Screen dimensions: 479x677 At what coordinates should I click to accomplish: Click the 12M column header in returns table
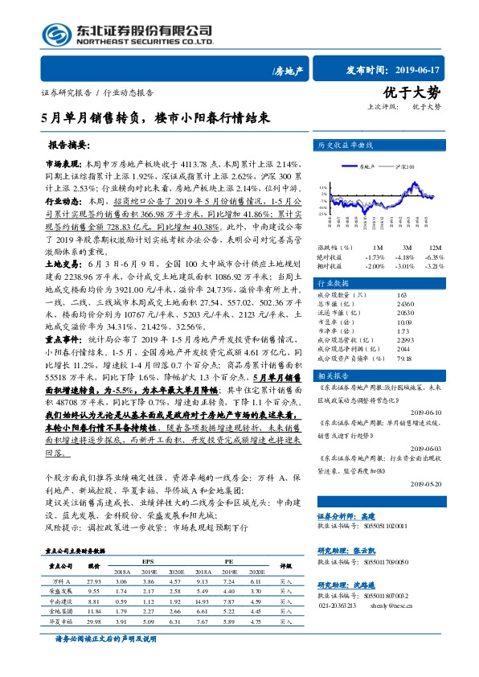(436, 248)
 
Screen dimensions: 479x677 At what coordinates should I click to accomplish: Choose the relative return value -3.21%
(434, 265)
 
